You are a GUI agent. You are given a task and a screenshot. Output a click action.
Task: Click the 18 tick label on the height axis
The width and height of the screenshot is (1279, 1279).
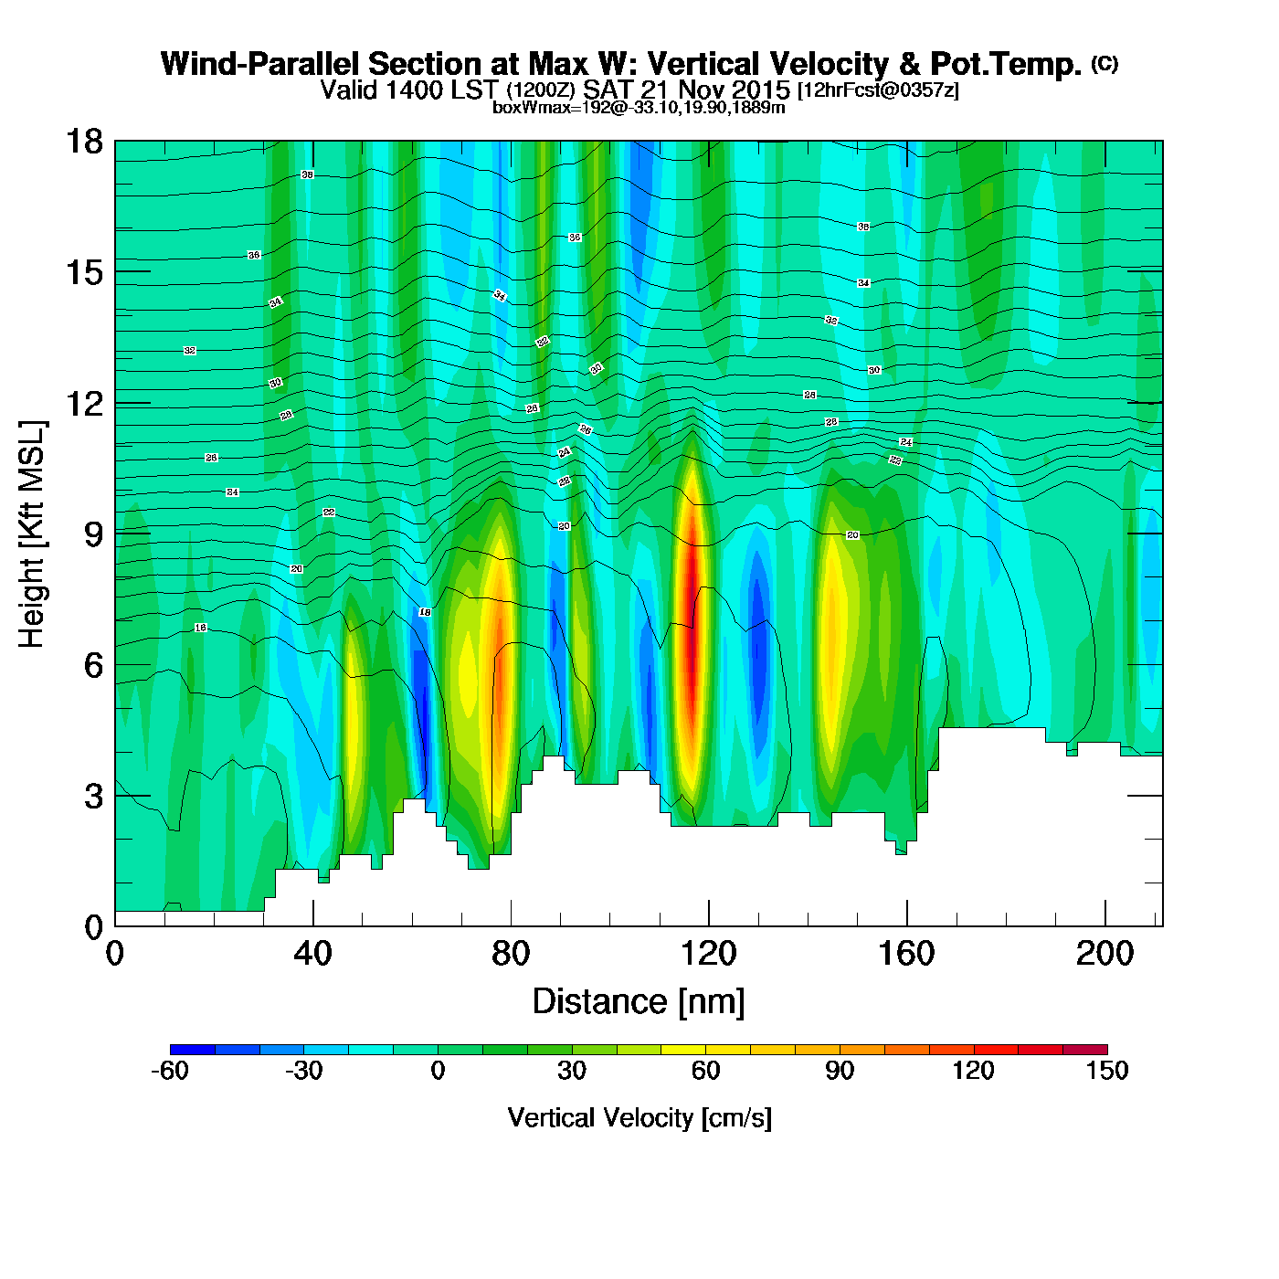(82, 142)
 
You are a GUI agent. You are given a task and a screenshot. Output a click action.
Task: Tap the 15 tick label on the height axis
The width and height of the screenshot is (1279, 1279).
(82, 272)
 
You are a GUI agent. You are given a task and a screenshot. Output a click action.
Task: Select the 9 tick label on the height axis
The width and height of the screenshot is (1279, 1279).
(92, 534)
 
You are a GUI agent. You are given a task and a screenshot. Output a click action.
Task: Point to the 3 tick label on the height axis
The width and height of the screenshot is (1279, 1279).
(92, 797)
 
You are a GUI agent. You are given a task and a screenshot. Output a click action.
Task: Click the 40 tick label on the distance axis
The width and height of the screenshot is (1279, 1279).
(312, 954)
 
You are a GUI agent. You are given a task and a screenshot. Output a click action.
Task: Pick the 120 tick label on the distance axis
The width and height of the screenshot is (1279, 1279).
(709, 954)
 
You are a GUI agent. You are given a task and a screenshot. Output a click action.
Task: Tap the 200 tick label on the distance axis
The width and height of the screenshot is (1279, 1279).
(1105, 954)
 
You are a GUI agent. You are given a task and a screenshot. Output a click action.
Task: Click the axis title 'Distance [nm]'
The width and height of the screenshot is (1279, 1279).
(639, 1002)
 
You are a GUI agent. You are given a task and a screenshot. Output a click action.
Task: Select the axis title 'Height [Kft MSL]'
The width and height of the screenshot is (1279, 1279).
(32, 534)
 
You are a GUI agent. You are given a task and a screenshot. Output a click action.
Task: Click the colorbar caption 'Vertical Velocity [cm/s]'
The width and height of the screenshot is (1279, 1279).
(639, 1117)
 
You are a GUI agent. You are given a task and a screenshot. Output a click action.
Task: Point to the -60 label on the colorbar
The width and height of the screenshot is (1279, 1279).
(170, 1071)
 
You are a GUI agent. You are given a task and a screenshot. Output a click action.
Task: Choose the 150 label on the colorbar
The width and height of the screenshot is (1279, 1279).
(1107, 1071)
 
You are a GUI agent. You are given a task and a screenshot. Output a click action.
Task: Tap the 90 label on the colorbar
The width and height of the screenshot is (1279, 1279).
(840, 1071)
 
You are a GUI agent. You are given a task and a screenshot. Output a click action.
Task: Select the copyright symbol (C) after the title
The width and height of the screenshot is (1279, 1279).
(1105, 63)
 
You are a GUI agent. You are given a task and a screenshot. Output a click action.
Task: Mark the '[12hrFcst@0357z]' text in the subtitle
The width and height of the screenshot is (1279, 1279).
(878, 90)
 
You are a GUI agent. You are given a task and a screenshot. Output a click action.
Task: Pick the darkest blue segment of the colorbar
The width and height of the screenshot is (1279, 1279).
(193, 1050)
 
